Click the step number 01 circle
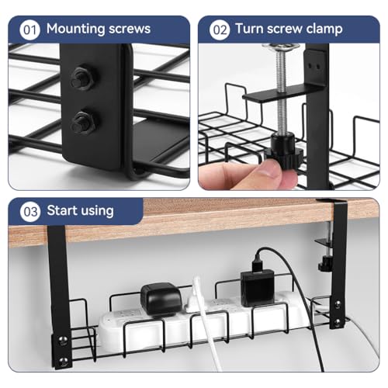[x=29, y=30]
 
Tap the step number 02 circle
[x=220, y=30]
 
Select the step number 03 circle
[x=30, y=212]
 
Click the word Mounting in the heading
[x=75, y=29]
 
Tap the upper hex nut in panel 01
[x=82, y=78]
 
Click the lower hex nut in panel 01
[x=83, y=122]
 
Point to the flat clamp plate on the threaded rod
[x=283, y=94]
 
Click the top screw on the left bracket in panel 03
[x=62, y=339]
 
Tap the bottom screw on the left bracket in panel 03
[x=63, y=360]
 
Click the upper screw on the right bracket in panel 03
[x=337, y=303]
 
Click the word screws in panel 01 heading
[x=130, y=29]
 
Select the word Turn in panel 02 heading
[x=249, y=29]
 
